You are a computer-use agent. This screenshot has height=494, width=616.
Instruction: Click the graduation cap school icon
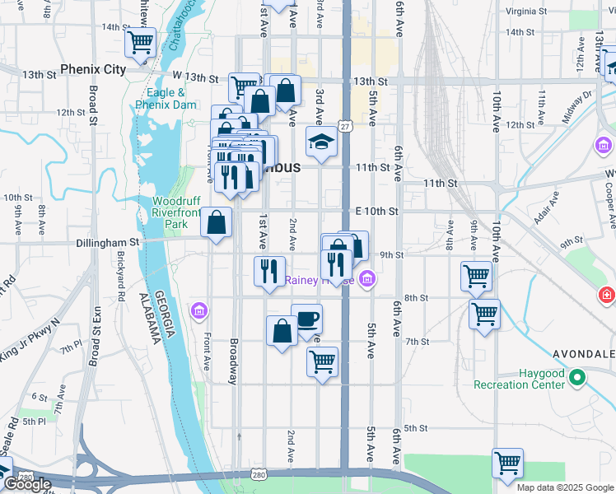(321, 143)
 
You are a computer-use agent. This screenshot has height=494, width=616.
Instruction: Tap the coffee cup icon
(306, 319)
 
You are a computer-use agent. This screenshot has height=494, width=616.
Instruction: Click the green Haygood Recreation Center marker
(577, 378)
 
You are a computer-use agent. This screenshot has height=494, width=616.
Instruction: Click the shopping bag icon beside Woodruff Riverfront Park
(216, 222)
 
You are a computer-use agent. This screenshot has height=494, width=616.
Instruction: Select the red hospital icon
(607, 294)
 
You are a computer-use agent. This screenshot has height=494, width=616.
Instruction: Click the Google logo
(26, 484)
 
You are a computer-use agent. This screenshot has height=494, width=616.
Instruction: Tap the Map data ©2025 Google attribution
(565, 487)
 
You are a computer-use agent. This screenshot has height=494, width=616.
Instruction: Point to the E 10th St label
(377, 212)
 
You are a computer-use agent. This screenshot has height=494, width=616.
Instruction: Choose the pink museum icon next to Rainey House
(367, 280)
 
